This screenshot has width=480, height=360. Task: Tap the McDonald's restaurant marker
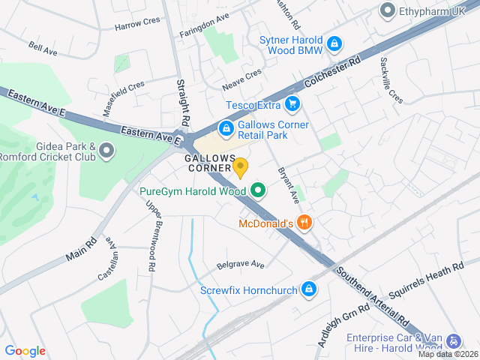(304, 222)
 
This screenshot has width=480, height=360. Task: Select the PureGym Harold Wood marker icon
(259, 190)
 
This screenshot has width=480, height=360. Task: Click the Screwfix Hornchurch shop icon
(308, 289)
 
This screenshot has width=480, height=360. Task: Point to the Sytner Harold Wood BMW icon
(334, 45)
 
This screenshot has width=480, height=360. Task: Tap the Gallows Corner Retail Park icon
(225, 128)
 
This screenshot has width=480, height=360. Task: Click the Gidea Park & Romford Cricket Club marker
(106, 151)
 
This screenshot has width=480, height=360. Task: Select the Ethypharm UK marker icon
(387, 10)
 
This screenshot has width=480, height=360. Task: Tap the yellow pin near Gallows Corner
(240, 167)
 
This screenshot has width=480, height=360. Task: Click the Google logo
(25, 350)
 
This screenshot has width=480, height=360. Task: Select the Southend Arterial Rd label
(372, 295)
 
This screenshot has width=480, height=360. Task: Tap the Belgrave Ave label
(241, 265)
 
